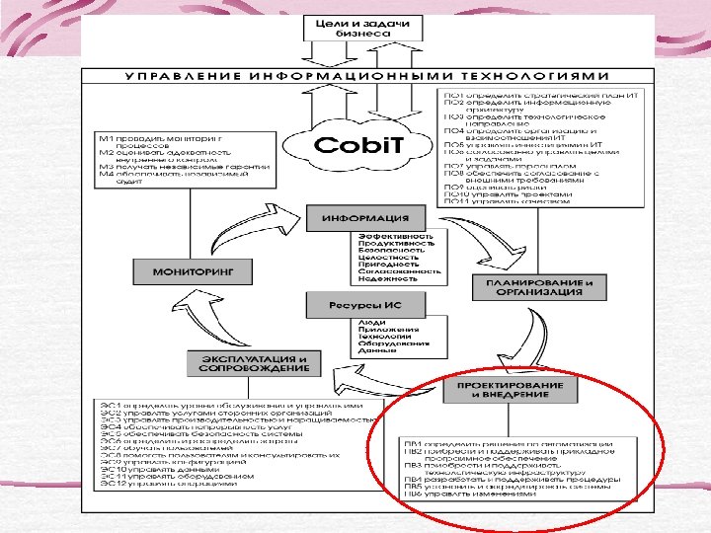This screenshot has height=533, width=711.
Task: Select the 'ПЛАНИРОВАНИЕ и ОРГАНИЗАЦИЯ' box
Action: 539,287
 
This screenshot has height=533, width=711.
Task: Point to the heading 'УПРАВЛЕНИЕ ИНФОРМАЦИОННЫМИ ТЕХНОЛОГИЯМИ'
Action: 366,76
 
